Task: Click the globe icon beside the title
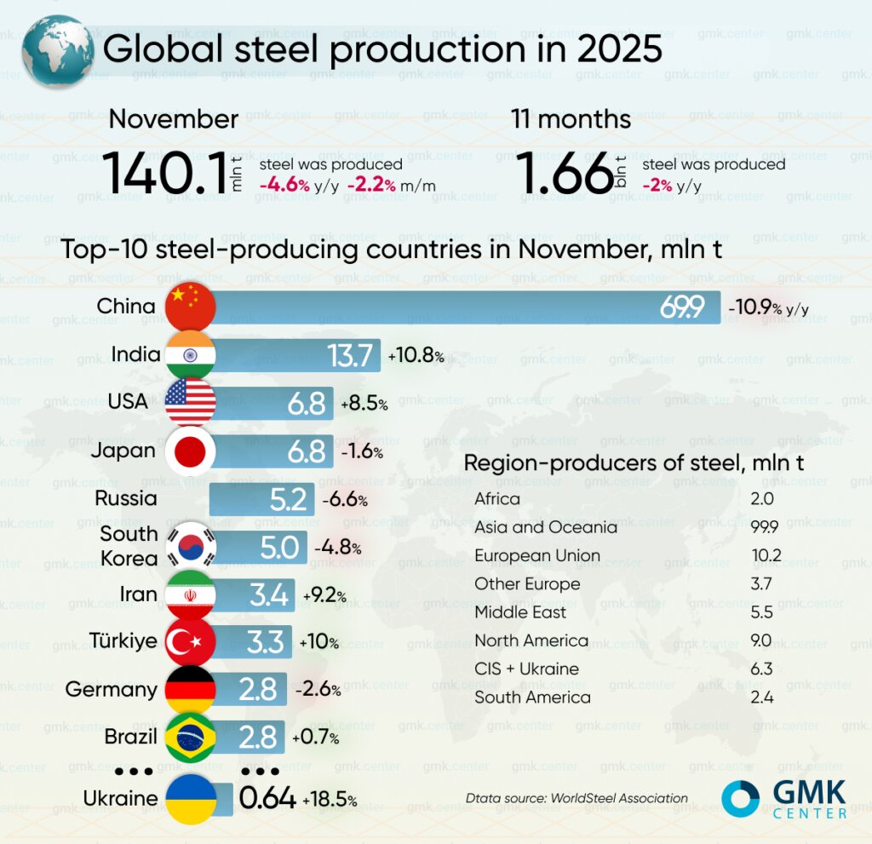point(58,49)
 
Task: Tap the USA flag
point(190,403)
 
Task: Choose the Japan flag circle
point(190,451)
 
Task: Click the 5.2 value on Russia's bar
point(288,499)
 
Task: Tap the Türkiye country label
point(123,640)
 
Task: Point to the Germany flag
point(190,689)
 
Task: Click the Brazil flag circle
point(190,737)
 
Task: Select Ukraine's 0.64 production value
point(267,799)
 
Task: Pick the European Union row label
point(537,555)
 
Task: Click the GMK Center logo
point(784,799)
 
